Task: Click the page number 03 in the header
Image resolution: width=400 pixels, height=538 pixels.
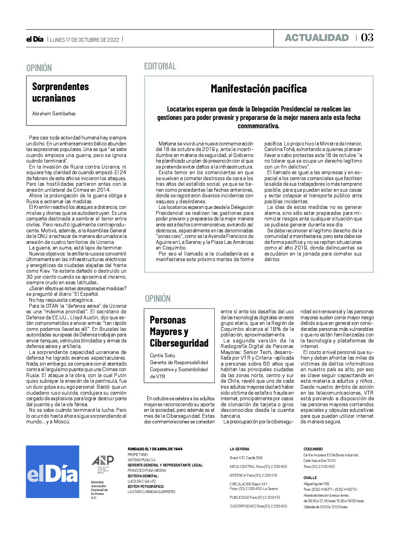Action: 367,38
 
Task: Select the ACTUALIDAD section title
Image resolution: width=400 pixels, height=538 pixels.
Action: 317,38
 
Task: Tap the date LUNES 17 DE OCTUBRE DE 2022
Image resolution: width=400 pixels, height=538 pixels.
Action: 84,40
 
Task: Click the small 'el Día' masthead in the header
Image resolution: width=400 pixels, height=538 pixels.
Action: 35,39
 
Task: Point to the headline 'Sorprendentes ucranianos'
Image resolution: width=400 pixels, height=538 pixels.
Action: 61,92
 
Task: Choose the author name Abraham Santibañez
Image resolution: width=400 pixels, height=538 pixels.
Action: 54,114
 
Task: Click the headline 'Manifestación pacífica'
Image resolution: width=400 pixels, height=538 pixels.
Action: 258,89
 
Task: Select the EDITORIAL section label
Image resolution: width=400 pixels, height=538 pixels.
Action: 160,66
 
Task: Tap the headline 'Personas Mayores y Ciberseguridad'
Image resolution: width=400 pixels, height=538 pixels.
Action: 179,331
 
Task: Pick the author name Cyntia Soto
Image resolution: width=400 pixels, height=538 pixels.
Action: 163,355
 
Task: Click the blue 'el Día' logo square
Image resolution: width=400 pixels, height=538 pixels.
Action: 53,471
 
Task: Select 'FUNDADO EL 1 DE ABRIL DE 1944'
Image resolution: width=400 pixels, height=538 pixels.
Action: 155,449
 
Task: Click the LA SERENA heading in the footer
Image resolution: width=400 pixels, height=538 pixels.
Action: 240,449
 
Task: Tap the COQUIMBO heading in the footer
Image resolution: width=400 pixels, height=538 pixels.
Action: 313,449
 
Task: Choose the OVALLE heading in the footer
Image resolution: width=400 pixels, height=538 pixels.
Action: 310,478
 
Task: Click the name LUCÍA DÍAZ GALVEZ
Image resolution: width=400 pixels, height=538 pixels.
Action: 142,481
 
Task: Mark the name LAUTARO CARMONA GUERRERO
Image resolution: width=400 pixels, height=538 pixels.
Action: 151,492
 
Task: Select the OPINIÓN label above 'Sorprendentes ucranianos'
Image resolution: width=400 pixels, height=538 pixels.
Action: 39,68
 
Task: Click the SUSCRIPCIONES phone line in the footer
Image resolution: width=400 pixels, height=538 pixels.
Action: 258,506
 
